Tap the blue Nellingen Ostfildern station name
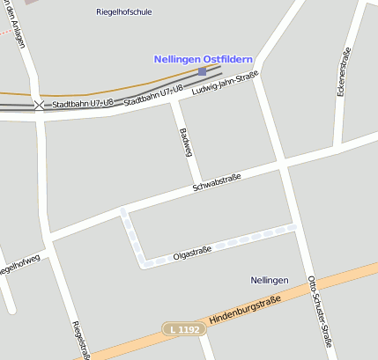pyautogui.click(x=203, y=59)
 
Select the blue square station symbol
pyautogui.click(x=203, y=71)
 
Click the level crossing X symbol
pyautogui.click(x=39, y=105)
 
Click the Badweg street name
pyautogui.click(x=186, y=141)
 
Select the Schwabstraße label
pyautogui.click(x=217, y=181)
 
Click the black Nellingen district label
pyautogui.click(x=269, y=280)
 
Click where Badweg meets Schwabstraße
pyautogui.click(x=200, y=185)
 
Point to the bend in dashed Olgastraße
pyautogui.click(x=142, y=262)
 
